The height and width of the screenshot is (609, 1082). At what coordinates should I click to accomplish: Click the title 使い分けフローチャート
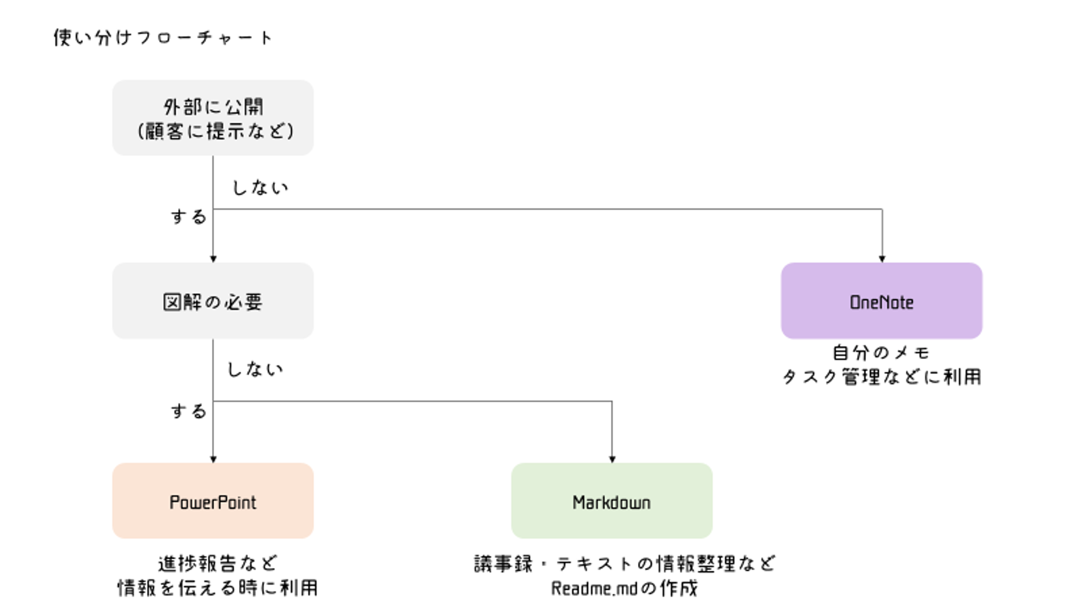point(163,38)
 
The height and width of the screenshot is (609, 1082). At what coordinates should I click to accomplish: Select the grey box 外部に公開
point(213,118)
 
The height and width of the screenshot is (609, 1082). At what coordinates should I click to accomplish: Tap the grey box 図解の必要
point(213,301)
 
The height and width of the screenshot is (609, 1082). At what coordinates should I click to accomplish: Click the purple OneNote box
point(881,301)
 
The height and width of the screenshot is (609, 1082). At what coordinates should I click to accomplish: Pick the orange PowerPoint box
point(213,501)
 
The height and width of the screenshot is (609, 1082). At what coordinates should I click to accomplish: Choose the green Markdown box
point(611,501)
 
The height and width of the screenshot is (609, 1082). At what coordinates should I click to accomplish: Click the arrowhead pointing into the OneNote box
point(882,258)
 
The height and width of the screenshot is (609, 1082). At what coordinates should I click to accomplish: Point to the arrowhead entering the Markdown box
point(612,459)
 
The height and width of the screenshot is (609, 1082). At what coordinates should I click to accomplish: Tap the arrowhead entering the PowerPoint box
point(213,459)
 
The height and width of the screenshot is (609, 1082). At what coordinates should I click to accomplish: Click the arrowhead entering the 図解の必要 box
point(213,258)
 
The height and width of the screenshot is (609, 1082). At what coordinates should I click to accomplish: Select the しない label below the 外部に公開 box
point(260,188)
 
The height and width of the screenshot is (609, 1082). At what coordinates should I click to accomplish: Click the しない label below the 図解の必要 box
point(255,369)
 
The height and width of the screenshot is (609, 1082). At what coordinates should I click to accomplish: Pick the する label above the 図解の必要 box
point(189,217)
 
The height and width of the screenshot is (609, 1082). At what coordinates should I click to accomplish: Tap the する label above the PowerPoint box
point(189,411)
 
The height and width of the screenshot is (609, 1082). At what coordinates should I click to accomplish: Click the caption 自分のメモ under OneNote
point(881,353)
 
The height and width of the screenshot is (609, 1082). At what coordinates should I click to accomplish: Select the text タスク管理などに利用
point(881,377)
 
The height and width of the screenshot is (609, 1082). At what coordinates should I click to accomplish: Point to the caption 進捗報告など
point(217,564)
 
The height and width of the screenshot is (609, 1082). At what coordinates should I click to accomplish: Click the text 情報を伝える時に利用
point(217,588)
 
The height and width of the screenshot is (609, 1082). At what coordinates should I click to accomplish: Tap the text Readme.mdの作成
point(624,588)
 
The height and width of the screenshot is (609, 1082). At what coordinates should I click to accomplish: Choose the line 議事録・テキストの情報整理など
point(624,564)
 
